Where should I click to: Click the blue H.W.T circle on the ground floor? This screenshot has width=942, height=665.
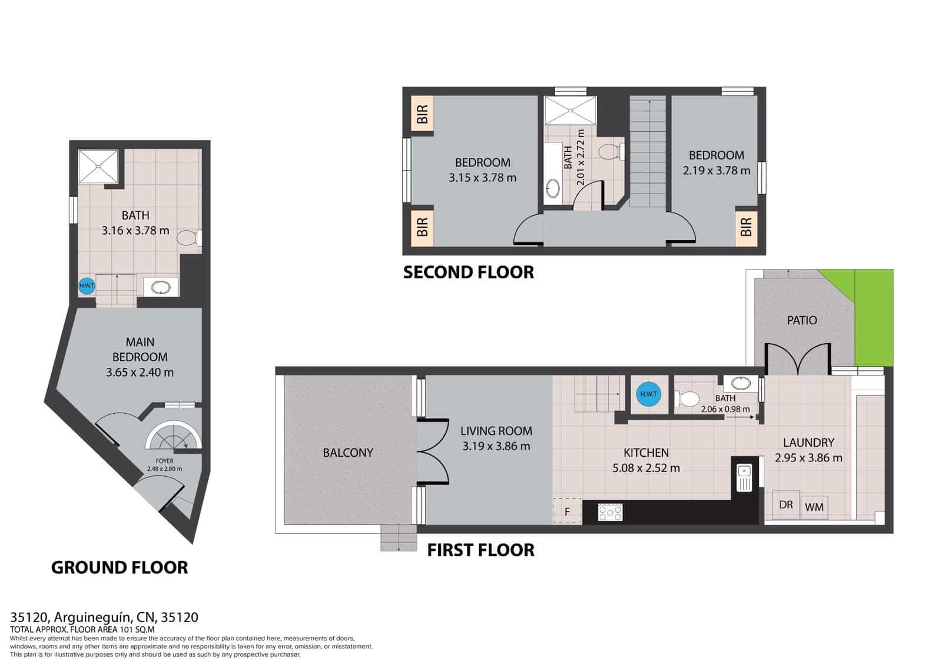pos(87,287)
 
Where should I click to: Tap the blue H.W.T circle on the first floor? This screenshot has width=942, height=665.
pos(648,394)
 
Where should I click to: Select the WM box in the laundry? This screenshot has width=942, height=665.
pos(814,506)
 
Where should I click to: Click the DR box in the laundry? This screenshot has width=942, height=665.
pos(786,504)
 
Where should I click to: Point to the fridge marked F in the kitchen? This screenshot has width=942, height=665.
pos(567,511)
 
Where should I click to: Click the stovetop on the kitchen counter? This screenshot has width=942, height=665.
pos(610,512)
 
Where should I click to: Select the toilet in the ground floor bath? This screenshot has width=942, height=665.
pos(188,238)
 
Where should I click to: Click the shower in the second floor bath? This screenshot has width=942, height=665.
pos(570,111)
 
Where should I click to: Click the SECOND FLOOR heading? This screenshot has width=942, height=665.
pos(469,272)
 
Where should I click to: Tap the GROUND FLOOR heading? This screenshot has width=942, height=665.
pos(120,567)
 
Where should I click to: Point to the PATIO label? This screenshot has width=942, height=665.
pos(802,320)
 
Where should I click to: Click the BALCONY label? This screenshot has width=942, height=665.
pos(348,453)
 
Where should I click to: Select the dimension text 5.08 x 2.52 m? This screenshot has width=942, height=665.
pos(646,468)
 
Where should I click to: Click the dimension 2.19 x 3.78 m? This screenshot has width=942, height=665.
pos(717,171)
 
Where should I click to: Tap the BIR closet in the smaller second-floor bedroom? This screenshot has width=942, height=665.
pos(746,227)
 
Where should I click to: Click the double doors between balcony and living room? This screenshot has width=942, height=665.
pos(433,451)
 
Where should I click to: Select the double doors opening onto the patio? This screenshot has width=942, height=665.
pos(797,359)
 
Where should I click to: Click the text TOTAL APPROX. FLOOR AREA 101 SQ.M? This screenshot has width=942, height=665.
pos(82,630)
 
